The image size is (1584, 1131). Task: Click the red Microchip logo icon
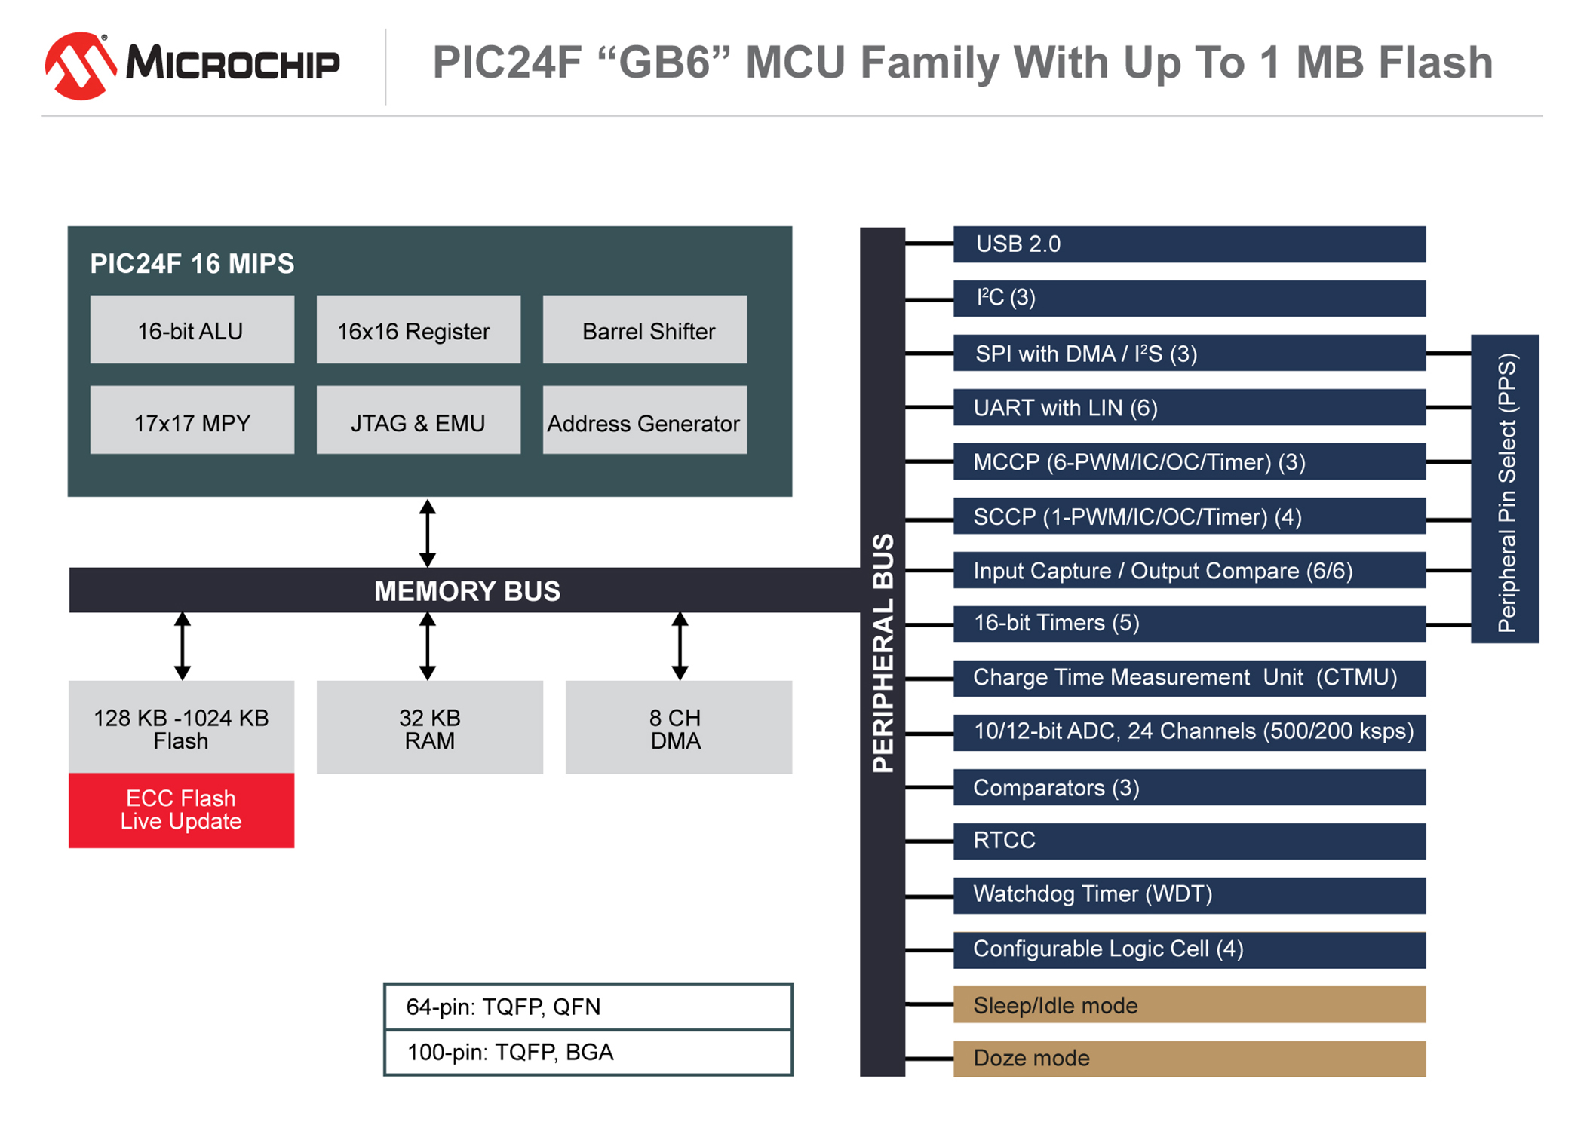point(81,66)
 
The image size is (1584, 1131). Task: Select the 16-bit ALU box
point(192,329)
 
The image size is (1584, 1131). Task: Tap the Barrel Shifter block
point(645,329)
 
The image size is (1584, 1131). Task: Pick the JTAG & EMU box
point(419,420)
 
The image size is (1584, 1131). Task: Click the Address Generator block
point(645,420)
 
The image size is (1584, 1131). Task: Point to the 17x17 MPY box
point(192,420)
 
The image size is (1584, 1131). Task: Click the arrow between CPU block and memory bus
point(428,533)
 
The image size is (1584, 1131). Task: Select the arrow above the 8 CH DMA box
point(680,646)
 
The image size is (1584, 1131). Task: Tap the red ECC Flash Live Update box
point(182,811)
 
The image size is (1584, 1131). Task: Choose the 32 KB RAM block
point(430,728)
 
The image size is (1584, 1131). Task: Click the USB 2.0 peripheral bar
point(1190,244)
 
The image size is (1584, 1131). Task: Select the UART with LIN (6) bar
point(1190,407)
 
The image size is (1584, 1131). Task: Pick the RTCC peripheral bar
point(1190,841)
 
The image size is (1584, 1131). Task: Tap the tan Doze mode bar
point(1190,1059)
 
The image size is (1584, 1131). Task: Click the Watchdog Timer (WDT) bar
point(1190,895)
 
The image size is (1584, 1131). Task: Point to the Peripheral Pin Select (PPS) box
point(1505,489)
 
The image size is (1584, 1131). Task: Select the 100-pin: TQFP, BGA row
point(588,1053)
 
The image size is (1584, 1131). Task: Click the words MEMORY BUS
point(468,591)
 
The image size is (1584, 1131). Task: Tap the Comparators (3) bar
point(1190,787)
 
